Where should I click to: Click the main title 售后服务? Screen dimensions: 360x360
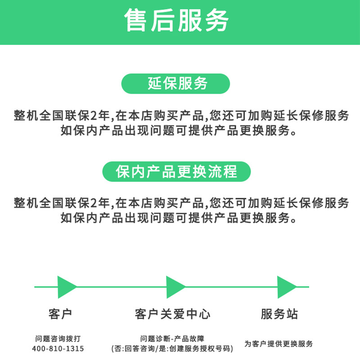point(177,20)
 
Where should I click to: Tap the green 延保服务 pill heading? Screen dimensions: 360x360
point(176,84)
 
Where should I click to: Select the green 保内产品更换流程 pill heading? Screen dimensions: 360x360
point(176,171)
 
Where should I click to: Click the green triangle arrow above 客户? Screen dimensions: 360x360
point(66,287)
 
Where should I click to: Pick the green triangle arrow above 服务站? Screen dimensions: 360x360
point(286,287)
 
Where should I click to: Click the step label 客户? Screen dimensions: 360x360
point(59,314)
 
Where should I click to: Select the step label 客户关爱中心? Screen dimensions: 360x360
point(172,314)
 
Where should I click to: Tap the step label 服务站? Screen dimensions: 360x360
point(279,314)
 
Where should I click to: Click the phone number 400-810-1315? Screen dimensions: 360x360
point(58,349)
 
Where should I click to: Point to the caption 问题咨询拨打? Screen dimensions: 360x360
point(58,338)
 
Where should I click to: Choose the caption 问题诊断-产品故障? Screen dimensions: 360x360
point(172,338)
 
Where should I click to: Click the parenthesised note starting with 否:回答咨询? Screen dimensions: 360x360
point(172,349)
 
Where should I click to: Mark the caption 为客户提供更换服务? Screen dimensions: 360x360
point(279,344)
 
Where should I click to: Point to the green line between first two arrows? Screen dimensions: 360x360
point(121,287)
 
